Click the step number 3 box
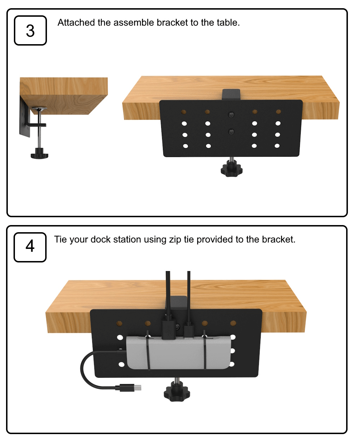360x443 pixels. [x=30, y=30]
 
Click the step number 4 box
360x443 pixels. [x=30, y=247]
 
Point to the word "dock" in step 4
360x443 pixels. [x=101, y=239]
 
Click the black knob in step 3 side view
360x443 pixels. [x=39, y=153]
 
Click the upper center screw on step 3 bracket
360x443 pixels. [x=231, y=115]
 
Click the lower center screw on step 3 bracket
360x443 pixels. [x=231, y=132]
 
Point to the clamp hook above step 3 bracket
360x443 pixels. [x=231, y=94]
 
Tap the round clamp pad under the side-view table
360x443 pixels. [x=39, y=109]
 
